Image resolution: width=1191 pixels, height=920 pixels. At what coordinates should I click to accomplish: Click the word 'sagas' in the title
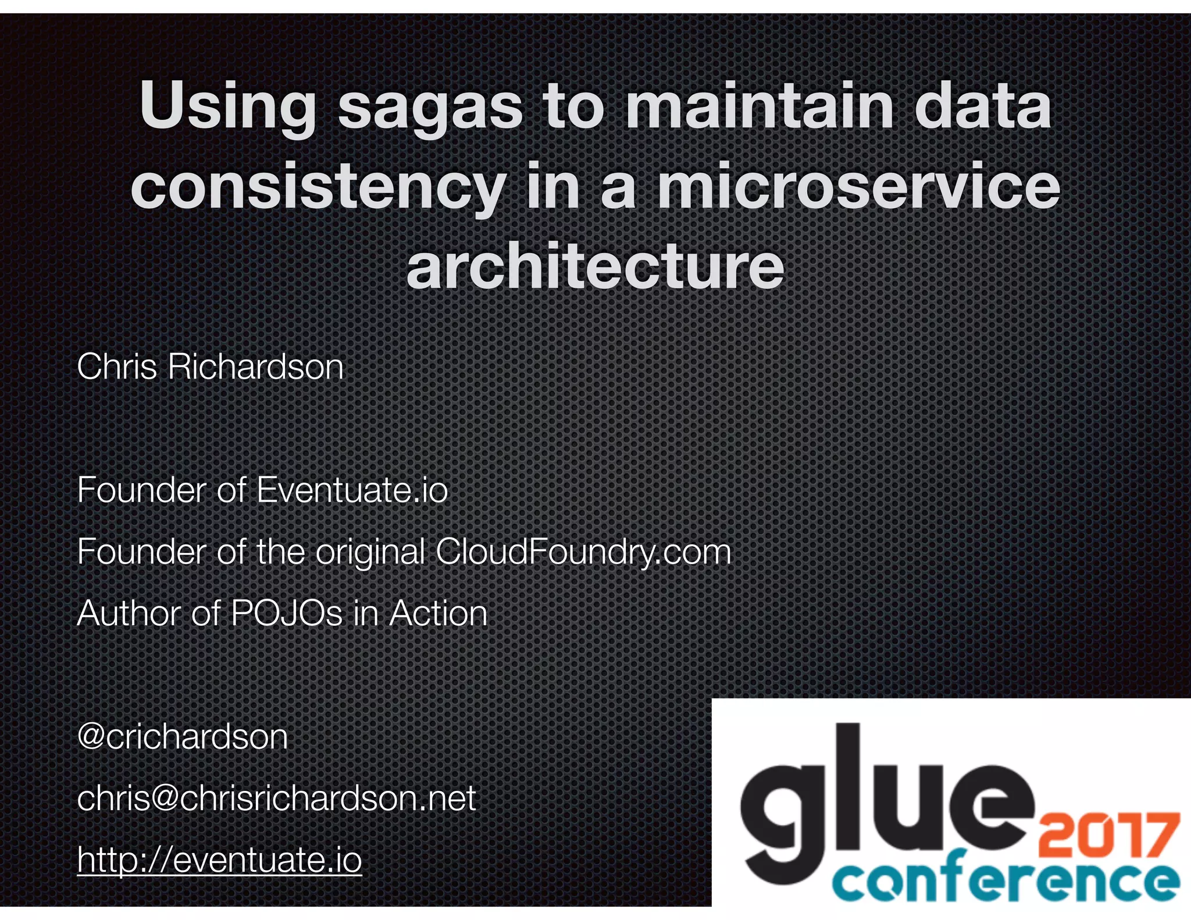pos(430,109)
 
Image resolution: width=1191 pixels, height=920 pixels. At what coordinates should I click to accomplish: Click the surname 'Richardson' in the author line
pos(256,367)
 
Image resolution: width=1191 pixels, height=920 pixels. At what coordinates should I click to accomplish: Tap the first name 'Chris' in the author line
pos(117,367)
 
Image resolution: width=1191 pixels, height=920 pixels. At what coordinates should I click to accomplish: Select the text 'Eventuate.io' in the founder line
pos(352,490)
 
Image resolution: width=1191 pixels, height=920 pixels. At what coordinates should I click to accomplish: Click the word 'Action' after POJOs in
pos(438,614)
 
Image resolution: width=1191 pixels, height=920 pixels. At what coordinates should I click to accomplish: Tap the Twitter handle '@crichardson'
pos(182,737)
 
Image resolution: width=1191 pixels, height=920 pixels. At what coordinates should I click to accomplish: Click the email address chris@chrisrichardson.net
pos(276,798)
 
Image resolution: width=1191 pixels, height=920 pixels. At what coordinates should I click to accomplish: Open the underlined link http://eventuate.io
pos(219,860)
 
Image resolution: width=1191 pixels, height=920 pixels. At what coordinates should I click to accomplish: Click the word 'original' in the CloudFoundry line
pos(370,552)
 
